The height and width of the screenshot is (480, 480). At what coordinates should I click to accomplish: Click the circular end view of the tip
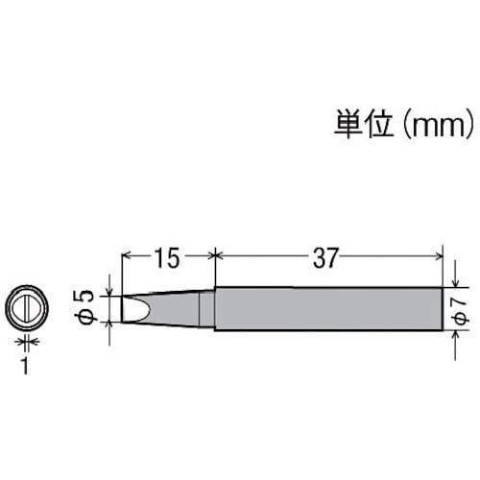coord(26,308)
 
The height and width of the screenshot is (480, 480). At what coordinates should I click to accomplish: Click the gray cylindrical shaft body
coord(329,308)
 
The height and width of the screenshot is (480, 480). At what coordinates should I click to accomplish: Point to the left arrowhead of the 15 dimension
coord(127,256)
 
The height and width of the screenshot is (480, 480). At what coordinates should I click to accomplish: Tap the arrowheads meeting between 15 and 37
coord(213,256)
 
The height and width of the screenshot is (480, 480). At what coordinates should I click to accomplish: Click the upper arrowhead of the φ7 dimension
coord(453,281)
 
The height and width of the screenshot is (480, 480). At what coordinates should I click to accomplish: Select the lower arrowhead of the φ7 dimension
coord(453,335)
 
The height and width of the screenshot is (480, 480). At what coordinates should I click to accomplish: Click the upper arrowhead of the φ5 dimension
coord(112,291)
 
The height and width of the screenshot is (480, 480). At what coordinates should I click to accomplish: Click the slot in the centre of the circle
coord(26,308)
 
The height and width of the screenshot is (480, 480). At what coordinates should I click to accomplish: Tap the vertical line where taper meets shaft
coord(213,308)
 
